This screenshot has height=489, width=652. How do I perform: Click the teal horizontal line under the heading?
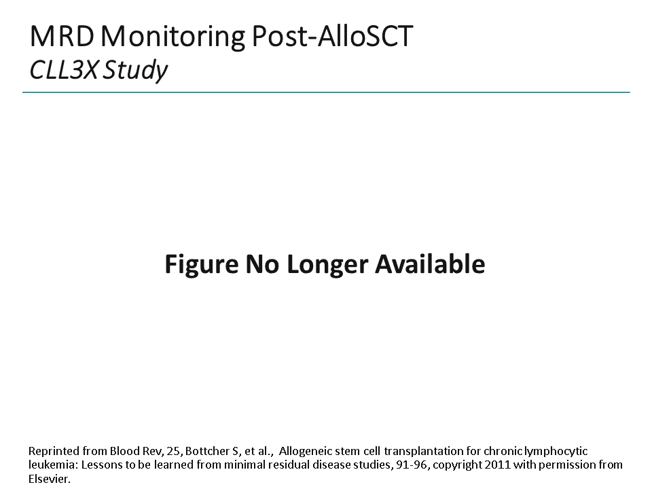(x=326, y=92)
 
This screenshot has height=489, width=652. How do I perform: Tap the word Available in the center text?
(x=431, y=264)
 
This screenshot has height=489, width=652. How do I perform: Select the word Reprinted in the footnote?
(x=50, y=451)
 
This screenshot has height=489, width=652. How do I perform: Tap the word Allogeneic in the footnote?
(x=303, y=451)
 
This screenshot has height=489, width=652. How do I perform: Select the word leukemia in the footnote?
(x=49, y=465)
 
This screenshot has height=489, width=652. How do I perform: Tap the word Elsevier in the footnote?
(x=49, y=478)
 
